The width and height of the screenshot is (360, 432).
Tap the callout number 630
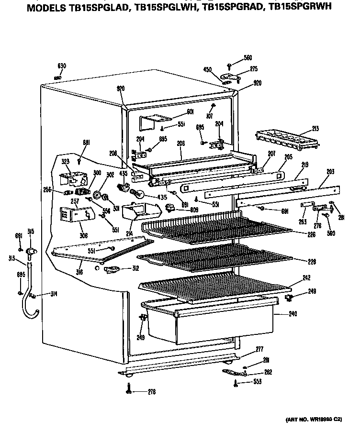(62, 66)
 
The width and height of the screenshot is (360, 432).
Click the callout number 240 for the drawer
(292, 314)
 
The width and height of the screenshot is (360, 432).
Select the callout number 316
(79, 272)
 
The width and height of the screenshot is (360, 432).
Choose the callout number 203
(330, 171)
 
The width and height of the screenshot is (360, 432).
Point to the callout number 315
(31, 232)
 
